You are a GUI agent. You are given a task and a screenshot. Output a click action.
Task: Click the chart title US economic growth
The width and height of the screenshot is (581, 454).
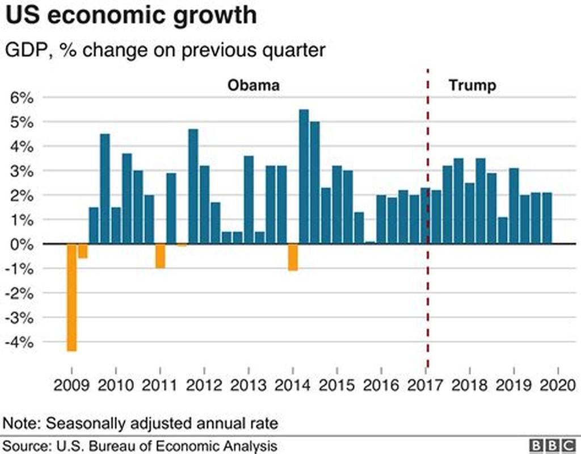tap(131, 16)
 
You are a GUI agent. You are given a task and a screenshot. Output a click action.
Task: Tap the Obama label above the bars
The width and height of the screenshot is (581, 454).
tap(254, 86)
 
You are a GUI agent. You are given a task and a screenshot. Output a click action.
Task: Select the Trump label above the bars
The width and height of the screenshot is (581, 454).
tap(473, 86)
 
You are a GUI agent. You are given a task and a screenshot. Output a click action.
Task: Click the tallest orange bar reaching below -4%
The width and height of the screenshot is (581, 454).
tap(71, 298)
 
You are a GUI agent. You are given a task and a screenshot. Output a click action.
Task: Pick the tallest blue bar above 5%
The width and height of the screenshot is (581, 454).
tap(304, 176)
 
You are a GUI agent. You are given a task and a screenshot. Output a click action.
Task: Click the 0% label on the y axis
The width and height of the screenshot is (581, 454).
tap(22, 244)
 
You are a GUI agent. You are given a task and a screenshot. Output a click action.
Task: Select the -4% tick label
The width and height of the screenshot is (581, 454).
tap(20, 343)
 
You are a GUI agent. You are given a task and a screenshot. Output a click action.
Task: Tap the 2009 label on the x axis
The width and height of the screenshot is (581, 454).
tap(71, 385)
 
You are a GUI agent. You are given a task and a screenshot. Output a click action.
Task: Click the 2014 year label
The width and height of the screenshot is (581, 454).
tap(292, 385)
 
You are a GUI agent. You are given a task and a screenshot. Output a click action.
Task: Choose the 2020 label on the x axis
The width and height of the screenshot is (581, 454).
tap(558, 385)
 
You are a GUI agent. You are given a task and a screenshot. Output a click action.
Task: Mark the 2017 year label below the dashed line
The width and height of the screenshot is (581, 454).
tap(426, 385)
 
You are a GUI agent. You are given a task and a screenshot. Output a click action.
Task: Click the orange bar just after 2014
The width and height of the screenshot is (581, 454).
tap(293, 257)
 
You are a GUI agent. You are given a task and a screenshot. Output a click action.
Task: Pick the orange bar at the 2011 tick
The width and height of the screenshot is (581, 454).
tap(160, 256)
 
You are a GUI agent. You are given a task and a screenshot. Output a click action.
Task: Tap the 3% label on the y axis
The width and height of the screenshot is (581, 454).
tap(22, 171)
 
